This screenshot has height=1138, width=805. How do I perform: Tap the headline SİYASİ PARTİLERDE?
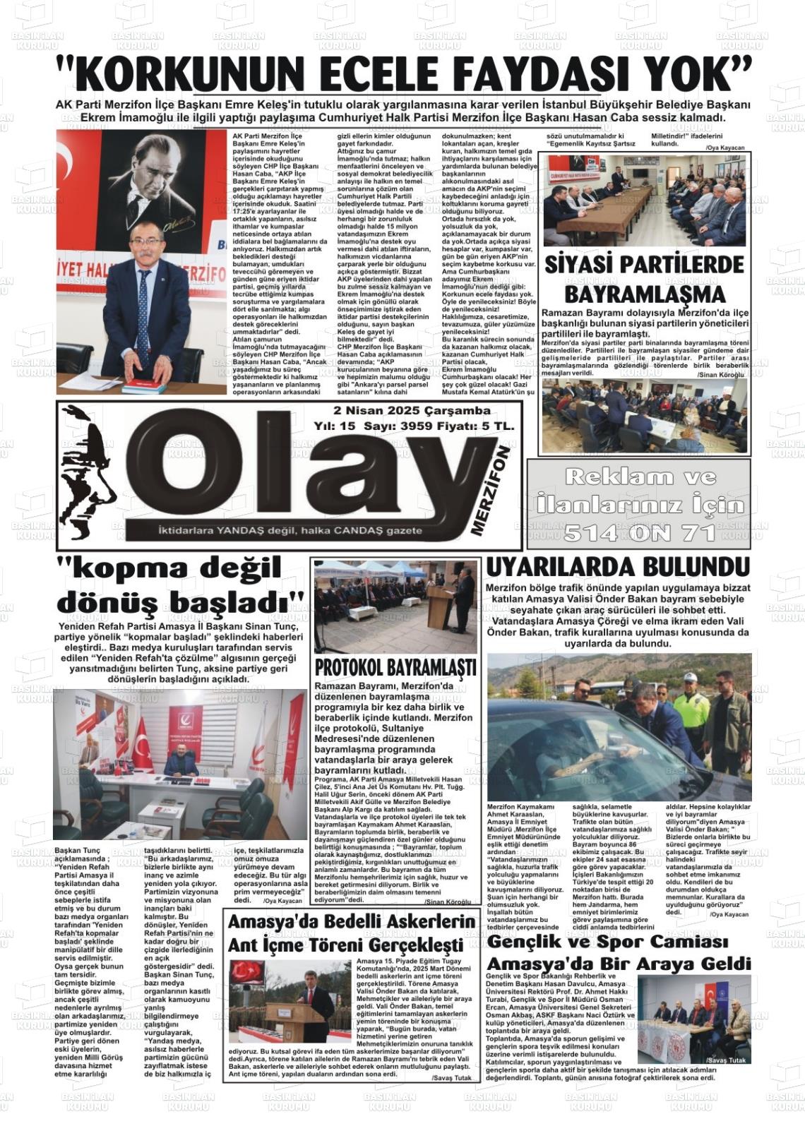click(644, 265)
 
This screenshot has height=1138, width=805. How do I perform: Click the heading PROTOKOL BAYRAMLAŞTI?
click(395, 668)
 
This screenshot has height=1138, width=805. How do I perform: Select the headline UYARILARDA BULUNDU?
click(617, 567)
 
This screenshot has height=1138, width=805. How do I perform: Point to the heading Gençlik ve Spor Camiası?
click(607, 941)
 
